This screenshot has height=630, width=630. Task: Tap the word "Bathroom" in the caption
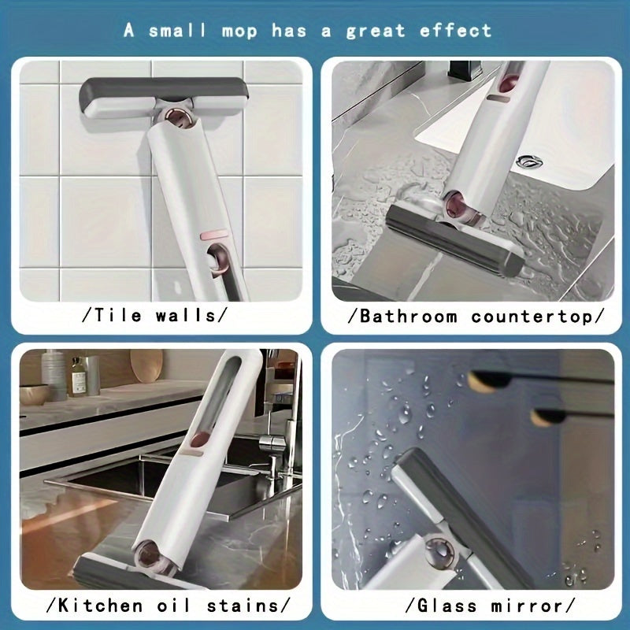[408, 317]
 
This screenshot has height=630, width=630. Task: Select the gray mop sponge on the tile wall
[164, 93]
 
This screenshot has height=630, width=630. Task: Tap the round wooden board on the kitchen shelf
[146, 366]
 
